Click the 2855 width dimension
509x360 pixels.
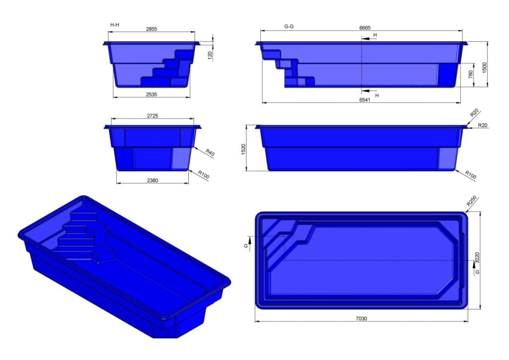pos(151,29)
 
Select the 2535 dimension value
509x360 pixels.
pos(151,92)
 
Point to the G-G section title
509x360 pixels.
pos(289,26)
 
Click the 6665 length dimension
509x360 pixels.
pos(364,27)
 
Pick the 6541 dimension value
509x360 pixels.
pos(364,99)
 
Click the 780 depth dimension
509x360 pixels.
pos(470,75)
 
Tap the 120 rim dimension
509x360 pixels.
pos(210,55)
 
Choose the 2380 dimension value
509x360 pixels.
pos(152,180)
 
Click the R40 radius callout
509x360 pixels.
pos(209,154)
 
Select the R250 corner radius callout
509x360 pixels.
pos(472,201)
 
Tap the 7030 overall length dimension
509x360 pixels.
pos(361,318)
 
